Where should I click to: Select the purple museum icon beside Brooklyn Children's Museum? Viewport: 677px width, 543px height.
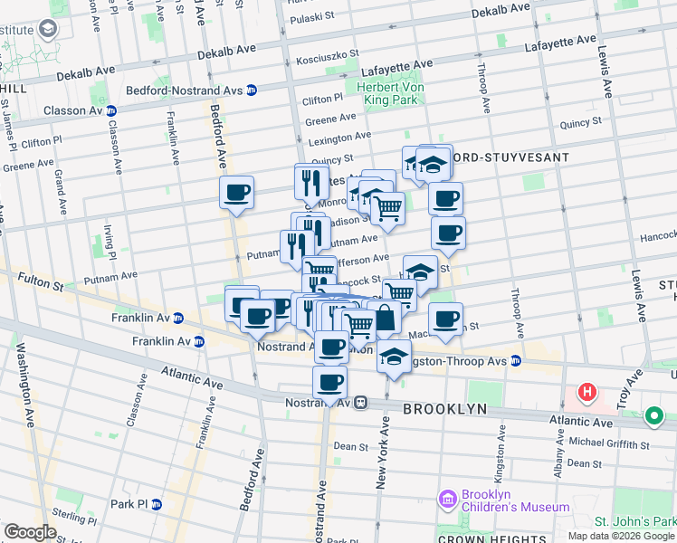point(446,500)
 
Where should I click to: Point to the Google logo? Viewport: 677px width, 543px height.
point(29,532)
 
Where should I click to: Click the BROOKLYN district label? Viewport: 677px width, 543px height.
point(445,409)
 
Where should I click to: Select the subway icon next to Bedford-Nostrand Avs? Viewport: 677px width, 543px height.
point(252,89)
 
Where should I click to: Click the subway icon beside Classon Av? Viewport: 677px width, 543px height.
point(111,110)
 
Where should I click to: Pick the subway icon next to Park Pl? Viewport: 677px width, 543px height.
point(157,504)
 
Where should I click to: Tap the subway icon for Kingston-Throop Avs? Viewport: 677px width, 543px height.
point(516,360)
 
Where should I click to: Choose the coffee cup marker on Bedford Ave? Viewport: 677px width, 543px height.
point(237,192)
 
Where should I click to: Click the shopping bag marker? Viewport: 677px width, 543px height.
point(385,318)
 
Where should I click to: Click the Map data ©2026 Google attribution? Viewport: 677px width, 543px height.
point(621,536)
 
